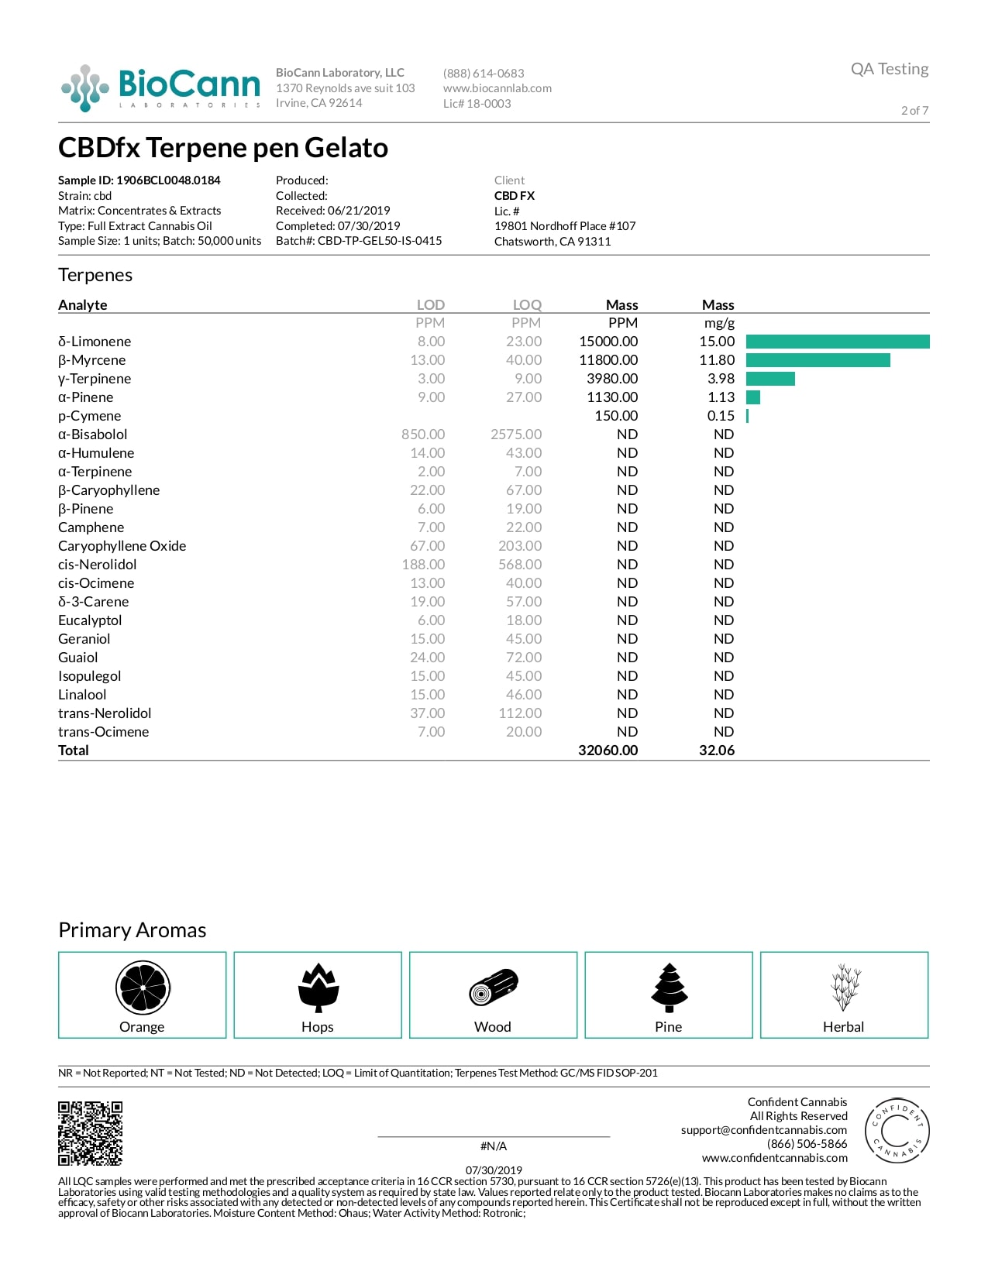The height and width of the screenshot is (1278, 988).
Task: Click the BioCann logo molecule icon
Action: (x=84, y=88)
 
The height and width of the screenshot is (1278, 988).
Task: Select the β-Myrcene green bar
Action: (x=818, y=360)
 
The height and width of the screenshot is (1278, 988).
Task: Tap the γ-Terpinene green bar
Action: (x=770, y=379)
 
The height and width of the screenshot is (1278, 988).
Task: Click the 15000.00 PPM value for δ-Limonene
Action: (x=608, y=342)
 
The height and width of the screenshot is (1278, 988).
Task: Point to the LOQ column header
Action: (x=527, y=305)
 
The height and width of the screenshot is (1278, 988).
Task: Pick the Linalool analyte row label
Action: (x=82, y=695)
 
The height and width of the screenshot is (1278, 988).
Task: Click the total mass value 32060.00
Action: (x=608, y=751)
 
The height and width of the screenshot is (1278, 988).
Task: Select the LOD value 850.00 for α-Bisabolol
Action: (x=423, y=435)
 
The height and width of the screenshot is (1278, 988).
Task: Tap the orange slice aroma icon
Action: (x=143, y=988)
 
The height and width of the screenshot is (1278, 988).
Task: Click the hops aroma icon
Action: (x=318, y=988)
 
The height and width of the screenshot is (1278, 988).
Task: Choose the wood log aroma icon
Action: (x=493, y=988)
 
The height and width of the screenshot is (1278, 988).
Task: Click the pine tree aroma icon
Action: (x=669, y=988)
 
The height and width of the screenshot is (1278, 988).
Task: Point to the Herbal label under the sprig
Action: (x=843, y=1027)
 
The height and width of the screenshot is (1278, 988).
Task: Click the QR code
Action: (x=91, y=1133)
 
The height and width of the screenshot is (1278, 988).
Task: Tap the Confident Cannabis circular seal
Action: (x=897, y=1130)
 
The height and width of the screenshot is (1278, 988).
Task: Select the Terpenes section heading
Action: (x=95, y=275)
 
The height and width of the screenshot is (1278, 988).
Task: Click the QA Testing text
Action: (x=889, y=69)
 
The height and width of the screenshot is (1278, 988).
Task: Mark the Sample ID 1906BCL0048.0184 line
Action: (x=139, y=180)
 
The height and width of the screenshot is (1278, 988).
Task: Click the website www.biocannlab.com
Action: (x=497, y=88)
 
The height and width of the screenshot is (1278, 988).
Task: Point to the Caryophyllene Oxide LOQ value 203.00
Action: (x=520, y=546)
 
